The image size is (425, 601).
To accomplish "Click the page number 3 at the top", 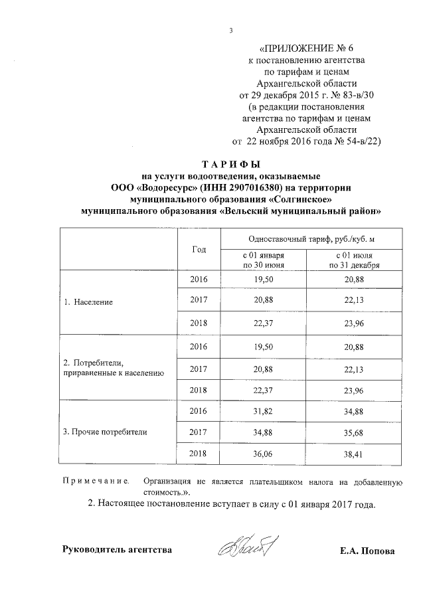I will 230,29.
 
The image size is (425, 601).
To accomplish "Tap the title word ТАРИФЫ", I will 230,164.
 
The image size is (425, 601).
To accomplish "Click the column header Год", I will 198,249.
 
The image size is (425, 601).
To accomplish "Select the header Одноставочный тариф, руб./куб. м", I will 306,238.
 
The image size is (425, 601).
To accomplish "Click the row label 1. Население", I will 88,301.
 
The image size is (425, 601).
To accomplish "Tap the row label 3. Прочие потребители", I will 105,432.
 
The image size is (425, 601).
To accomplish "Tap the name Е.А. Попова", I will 366,551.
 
